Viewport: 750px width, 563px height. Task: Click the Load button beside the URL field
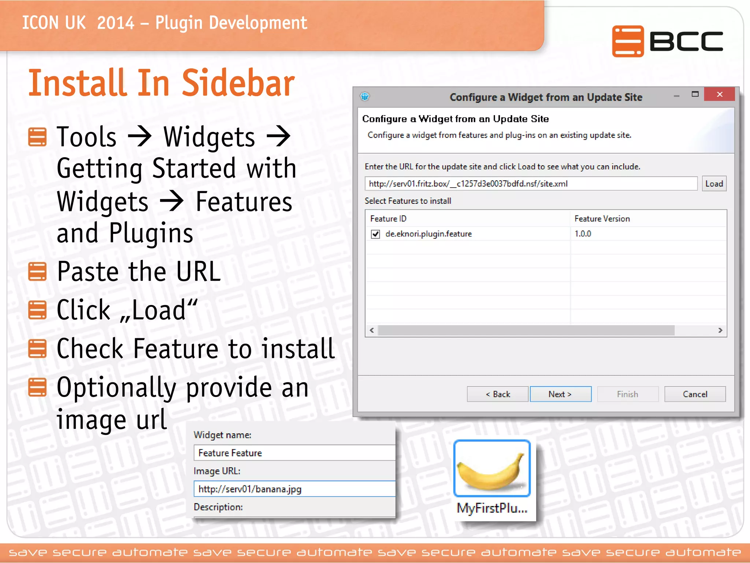(714, 184)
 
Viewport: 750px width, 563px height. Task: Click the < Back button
(497, 394)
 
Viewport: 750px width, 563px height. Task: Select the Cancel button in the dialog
(695, 394)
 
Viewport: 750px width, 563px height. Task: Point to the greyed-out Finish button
(627, 394)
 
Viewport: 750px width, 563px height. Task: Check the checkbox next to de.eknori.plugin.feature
(375, 234)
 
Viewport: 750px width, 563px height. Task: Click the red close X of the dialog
(719, 95)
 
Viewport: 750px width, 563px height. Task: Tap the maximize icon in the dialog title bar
(695, 95)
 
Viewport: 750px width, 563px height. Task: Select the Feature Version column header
(602, 219)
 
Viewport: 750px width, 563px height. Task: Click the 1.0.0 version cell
(583, 234)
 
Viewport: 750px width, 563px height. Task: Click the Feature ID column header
(388, 219)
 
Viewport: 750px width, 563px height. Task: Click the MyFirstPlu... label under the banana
(491, 508)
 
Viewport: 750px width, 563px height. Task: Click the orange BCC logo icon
(627, 41)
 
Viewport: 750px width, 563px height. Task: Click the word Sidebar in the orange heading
(238, 84)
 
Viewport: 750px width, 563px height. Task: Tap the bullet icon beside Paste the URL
(37, 272)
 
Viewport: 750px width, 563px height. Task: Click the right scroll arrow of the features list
(720, 330)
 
